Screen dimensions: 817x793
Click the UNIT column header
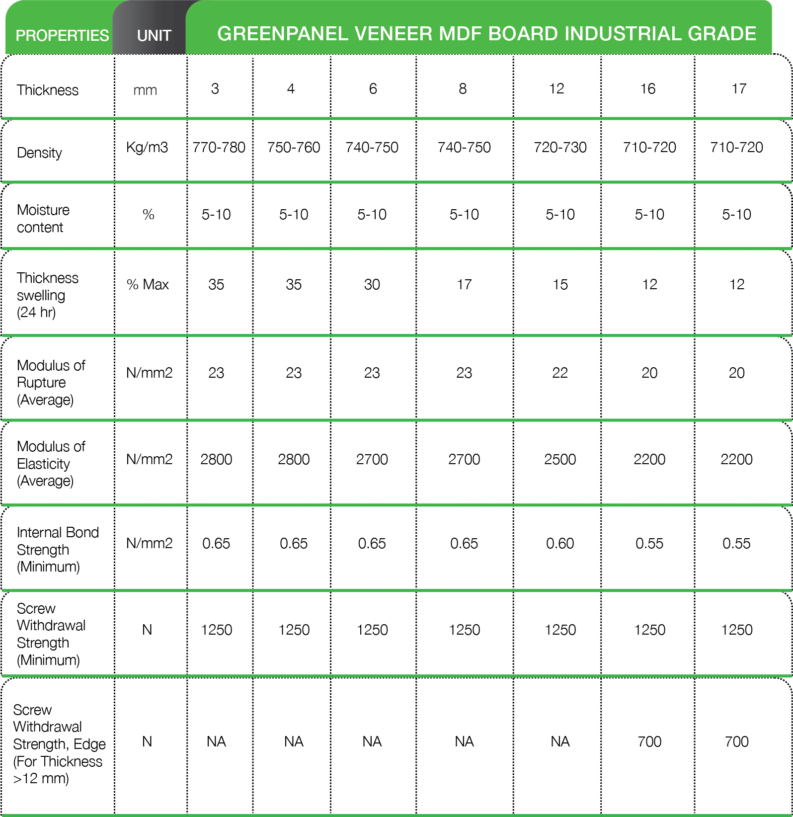(x=154, y=36)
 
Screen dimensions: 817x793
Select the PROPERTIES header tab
(x=62, y=36)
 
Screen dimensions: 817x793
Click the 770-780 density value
(x=219, y=148)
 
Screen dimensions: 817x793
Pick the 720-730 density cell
(x=560, y=148)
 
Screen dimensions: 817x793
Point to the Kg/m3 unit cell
(x=147, y=148)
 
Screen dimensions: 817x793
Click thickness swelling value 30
(x=372, y=285)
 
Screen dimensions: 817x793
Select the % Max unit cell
(x=148, y=285)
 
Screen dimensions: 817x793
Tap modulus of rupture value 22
(x=560, y=373)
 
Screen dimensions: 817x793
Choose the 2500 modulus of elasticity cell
(x=560, y=460)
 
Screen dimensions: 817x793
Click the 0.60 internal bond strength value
(x=560, y=544)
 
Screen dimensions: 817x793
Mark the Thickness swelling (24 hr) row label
(x=47, y=295)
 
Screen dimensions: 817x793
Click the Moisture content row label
(x=43, y=219)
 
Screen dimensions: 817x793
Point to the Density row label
(x=39, y=153)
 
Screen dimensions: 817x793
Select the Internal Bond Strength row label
(x=57, y=550)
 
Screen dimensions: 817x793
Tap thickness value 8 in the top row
(x=463, y=89)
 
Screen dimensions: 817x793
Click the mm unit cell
(x=145, y=90)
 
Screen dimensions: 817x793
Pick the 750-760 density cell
(x=293, y=148)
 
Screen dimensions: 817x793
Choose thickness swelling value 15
(x=560, y=285)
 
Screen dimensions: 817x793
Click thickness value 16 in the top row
(x=647, y=89)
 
